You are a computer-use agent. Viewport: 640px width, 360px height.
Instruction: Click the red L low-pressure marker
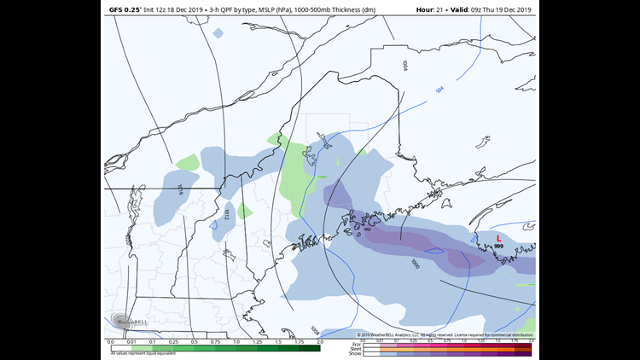pyautogui.click(x=499, y=238)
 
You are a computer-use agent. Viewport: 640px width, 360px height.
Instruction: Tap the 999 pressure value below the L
pyautogui.click(x=499, y=247)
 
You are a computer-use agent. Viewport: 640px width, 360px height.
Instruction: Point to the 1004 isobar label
pyautogui.click(x=404, y=64)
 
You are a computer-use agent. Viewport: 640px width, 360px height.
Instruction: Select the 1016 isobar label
pyautogui.click(x=181, y=189)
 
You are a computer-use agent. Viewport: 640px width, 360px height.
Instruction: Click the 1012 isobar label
pyautogui.click(x=226, y=215)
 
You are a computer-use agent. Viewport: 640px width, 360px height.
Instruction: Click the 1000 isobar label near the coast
pyautogui.click(x=415, y=264)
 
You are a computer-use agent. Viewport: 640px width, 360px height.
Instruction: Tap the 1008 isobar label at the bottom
pyautogui.click(x=314, y=330)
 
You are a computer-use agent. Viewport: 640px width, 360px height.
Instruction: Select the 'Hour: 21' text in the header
pyautogui.click(x=433, y=9)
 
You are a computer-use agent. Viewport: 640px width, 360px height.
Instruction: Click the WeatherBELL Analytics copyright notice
pyautogui.click(x=444, y=334)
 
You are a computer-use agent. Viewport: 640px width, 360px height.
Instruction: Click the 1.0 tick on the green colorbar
pyautogui.click(x=236, y=341)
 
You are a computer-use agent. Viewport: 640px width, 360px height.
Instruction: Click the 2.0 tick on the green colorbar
pyautogui.click(x=320, y=341)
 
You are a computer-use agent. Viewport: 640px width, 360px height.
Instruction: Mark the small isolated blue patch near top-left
pyautogui.click(x=218, y=33)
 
